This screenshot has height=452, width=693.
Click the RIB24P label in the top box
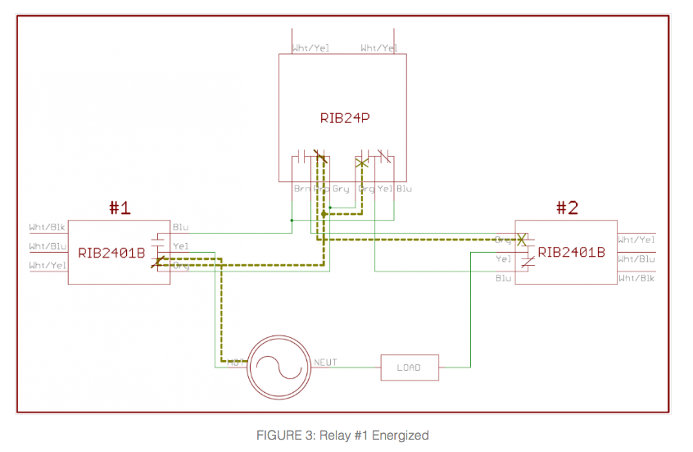tap(345, 117)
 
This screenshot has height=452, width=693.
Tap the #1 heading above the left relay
tap(120, 208)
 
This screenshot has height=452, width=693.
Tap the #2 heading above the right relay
tap(567, 208)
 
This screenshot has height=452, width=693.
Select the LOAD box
tap(410, 367)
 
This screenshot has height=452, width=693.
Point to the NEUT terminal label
tap(325, 362)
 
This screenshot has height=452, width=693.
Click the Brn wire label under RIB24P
tap(301, 189)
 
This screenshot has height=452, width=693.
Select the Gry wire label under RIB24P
tap(341, 189)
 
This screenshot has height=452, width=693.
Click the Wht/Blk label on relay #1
tap(47, 227)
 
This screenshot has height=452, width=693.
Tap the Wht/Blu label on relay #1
tap(47, 246)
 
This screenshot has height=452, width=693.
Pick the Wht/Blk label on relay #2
tap(636, 278)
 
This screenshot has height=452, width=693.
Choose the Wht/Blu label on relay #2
tap(636, 259)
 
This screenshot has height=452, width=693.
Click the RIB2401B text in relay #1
tap(111, 253)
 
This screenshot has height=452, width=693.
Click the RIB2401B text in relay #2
tap(572, 252)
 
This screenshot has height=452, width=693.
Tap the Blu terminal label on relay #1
tap(180, 227)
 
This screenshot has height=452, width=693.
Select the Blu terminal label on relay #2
tap(504, 278)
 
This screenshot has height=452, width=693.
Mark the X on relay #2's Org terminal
tap(521, 240)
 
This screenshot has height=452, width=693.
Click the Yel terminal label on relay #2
tap(504, 259)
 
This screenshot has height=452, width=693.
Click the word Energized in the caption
tap(402, 435)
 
